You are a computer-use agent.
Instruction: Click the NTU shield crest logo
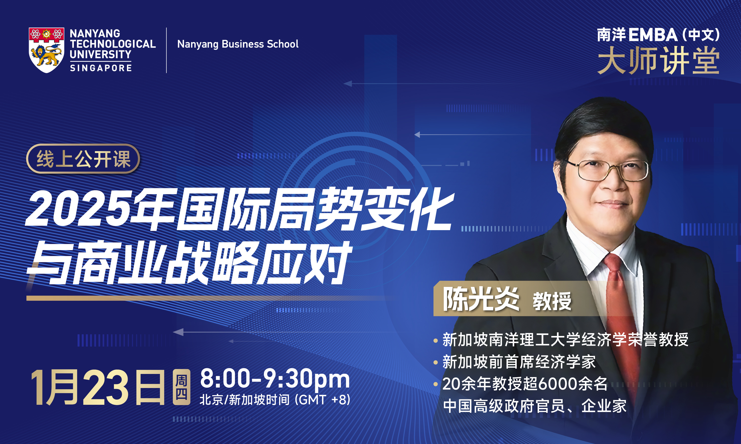(46, 50)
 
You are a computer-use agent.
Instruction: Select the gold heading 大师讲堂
(658, 61)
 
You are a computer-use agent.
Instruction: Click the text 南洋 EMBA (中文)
(658, 35)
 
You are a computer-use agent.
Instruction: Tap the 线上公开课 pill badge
(83, 159)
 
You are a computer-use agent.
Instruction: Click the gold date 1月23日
(98, 388)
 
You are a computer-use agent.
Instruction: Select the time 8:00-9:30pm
(275, 379)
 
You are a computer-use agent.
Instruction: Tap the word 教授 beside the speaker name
(552, 301)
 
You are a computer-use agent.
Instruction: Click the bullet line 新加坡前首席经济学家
(519, 362)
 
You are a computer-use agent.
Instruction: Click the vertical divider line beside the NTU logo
(166, 50)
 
